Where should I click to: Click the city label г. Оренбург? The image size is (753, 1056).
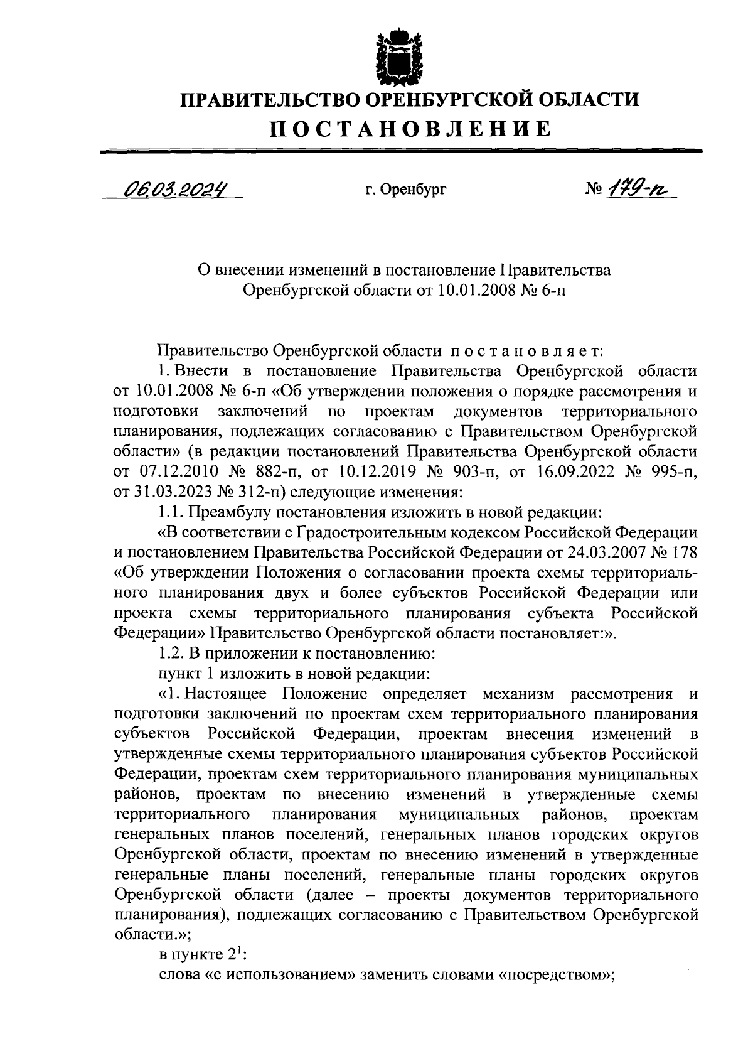coord(405,188)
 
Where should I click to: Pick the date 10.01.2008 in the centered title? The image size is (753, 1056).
coord(466,290)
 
